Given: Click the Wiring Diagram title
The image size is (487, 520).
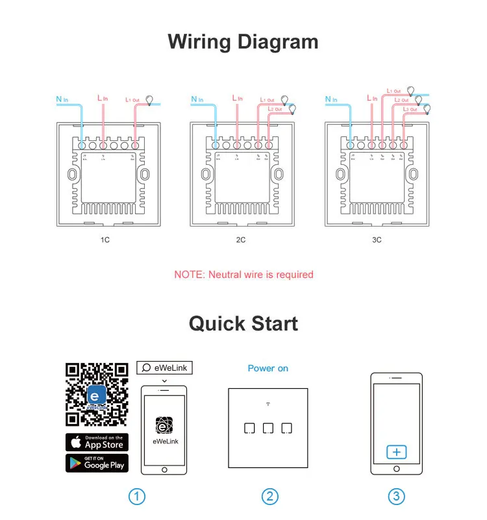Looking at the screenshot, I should point(243,42).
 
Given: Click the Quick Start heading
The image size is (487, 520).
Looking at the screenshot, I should point(243,323).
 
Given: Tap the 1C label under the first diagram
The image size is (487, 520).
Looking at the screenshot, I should point(105,240).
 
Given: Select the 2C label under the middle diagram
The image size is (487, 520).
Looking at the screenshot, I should point(241,240).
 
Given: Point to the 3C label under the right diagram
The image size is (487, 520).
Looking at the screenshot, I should point(377,240).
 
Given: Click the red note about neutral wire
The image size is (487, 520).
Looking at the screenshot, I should point(243,275).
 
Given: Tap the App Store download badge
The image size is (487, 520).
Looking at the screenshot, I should point(97,442).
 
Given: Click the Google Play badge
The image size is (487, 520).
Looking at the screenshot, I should point(97,463).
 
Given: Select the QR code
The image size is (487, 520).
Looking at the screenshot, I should point(97,395).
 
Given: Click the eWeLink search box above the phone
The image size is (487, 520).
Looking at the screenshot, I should point(164,367).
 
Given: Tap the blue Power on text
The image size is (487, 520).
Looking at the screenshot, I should point(268,368).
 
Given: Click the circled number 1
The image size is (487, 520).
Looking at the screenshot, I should point(136,497).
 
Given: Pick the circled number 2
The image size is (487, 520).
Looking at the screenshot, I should point(269,497).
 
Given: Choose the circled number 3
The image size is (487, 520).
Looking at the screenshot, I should point(396,497).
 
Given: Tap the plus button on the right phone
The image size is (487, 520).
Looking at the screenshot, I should point(396,452).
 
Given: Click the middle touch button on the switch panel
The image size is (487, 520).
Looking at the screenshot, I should point(268,428).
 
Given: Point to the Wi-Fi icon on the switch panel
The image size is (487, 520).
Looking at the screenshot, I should point(268,404).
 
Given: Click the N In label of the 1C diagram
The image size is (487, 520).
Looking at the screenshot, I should point(63,99).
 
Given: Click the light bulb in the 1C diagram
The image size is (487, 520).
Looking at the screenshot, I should point(150,100).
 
